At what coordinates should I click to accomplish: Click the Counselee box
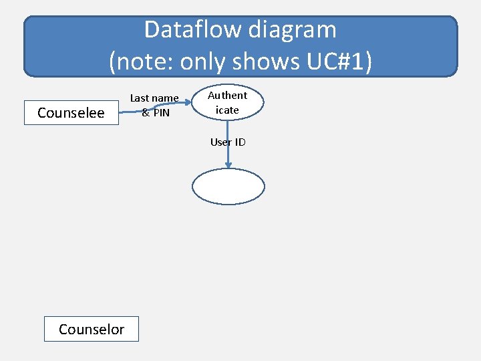[x=71, y=112]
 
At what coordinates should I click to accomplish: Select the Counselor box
[x=92, y=329]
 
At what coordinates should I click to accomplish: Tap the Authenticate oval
[x=228, y=103]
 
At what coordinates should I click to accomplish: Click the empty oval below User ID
[x=228, y=187]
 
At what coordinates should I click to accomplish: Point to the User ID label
[x=228, y=142]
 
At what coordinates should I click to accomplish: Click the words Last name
[x=154, y=98]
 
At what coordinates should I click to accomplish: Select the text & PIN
[x=156, y=113]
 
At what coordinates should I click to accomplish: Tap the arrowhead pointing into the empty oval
[x=228, y=165]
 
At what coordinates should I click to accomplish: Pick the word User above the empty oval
[x=220, y=142]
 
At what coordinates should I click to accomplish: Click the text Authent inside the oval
[x=228, y=96]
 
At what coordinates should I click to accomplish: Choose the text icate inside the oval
[x=227, y=110]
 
